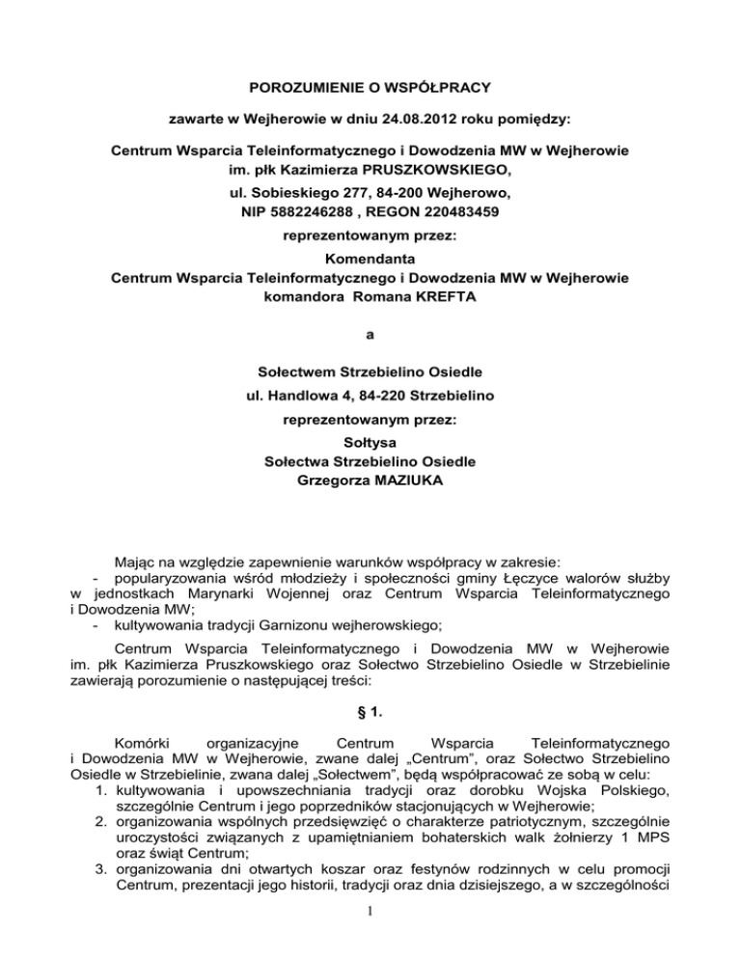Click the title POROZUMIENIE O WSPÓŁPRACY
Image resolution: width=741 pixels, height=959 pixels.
click(x=370, y=89)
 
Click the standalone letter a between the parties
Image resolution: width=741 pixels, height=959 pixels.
click(x=370, y=336)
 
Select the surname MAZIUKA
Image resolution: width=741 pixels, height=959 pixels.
click(x=421, y=479)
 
